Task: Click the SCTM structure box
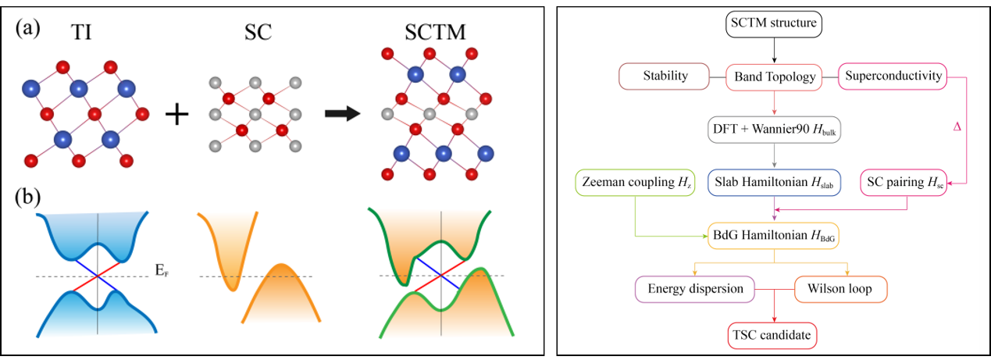click(x=773, y=23)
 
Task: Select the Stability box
click(x=665, y=77)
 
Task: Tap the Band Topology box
click(x=774, y=77)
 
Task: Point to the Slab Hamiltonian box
click(x=774, y=184)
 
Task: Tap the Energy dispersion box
click(x=694, y=289)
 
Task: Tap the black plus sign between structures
click(x=177, y=115)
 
